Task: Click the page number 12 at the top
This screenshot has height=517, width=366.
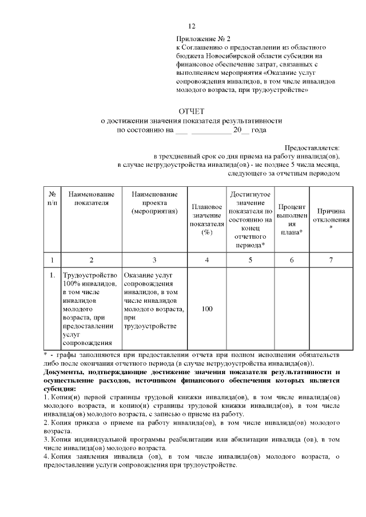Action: [x=192, y=27]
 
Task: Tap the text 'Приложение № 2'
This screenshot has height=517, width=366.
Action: [x=201, y=38]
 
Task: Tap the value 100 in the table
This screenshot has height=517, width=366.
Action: [x=207, y=308]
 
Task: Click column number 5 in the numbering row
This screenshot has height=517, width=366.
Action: [x=250, y=260]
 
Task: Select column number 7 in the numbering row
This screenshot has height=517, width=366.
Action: [x=331, y=260]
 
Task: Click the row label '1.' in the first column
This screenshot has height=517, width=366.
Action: [x=52, y=275]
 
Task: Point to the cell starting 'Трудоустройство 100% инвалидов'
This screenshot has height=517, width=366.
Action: [x=91, y=308]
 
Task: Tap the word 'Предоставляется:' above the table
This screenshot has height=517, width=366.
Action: [x=316, y=147]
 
